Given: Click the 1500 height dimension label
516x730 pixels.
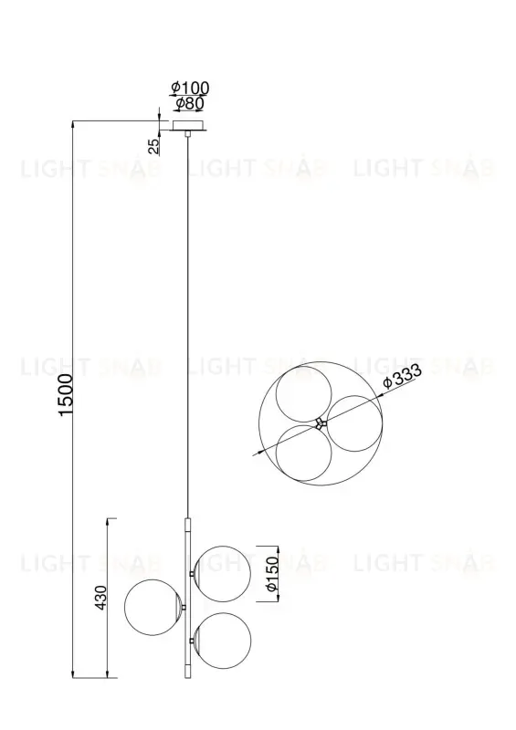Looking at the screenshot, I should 66,394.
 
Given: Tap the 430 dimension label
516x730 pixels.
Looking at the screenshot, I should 101,597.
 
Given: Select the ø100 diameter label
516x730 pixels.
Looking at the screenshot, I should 190,88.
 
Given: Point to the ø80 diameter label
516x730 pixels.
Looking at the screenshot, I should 189,103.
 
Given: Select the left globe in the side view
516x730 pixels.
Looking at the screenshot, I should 153,607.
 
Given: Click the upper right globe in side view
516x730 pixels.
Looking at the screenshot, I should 226,573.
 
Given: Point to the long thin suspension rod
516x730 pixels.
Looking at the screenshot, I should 188,319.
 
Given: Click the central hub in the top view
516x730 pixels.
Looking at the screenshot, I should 319,422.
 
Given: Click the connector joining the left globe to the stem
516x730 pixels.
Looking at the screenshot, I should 184,607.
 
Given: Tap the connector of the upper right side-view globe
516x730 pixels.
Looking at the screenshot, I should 194,573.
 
